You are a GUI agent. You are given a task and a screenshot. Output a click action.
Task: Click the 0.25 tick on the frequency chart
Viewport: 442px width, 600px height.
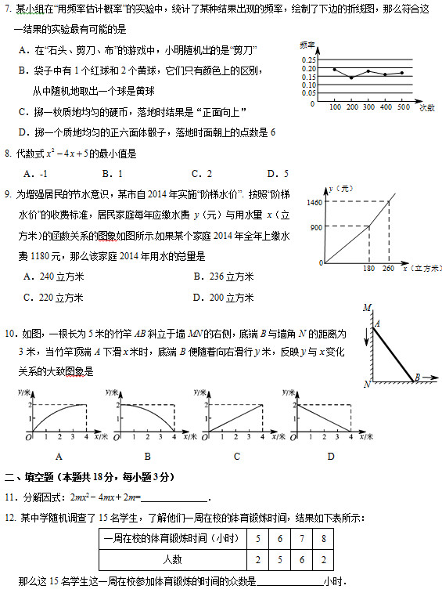[x=309, y=60]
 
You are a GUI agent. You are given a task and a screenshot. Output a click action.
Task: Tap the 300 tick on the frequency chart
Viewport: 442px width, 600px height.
[x=369, y=107]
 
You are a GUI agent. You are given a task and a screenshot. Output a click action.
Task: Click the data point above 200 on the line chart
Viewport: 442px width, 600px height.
[x=351, y=78]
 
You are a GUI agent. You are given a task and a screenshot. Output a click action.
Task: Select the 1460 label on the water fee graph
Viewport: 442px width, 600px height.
[x=315, y=203]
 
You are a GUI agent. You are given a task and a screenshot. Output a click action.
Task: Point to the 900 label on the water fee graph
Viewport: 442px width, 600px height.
[x=317, y=227]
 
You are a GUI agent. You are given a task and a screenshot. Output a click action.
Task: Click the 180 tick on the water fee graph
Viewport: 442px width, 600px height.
[x=369, y=269]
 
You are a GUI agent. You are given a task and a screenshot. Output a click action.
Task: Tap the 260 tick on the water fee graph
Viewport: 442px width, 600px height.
[x=389, y=269]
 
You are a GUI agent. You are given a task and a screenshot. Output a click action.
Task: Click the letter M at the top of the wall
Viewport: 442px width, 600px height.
[x=366, y=308]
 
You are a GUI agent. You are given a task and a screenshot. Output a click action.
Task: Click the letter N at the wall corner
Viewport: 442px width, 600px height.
[x=366, y=384]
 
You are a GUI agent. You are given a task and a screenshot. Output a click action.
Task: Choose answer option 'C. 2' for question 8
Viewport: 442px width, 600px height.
[x=202, y=174]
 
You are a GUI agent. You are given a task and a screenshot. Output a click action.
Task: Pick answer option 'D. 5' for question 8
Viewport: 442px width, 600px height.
[x=278, y=174]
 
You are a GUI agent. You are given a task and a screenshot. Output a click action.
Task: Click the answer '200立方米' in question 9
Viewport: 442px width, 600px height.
[x=228, y=297]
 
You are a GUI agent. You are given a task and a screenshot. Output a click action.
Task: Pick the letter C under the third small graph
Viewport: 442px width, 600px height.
[x=236, y=456]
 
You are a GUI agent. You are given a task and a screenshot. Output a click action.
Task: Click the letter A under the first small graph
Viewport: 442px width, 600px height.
[x=58, y=456]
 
